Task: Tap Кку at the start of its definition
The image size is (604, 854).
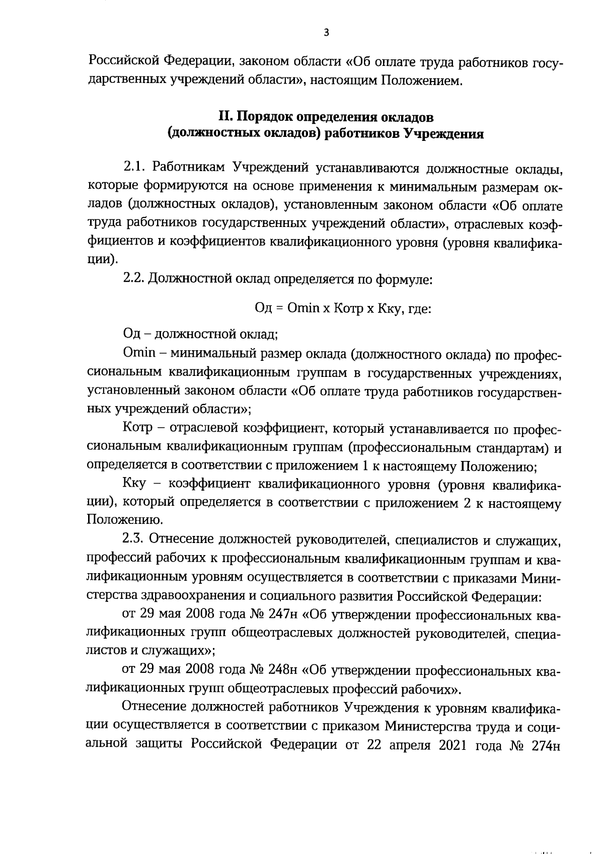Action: click(x=134, y=485)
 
